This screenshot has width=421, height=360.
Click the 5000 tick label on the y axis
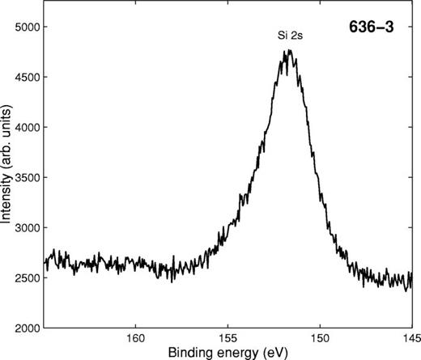coord(26,27)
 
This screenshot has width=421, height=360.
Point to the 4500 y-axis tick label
coord(26,77)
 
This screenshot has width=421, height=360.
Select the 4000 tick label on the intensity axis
coord(26,127)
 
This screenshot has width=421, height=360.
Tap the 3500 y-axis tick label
coord(26,177)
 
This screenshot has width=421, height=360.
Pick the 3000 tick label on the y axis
coord(26,227)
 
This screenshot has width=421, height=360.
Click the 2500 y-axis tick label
coord(26,277)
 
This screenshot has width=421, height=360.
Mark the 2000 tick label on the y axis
coord(26,328)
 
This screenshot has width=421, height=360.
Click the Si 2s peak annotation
coord(288,36)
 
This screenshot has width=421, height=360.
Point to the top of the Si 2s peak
coord(287,51)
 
